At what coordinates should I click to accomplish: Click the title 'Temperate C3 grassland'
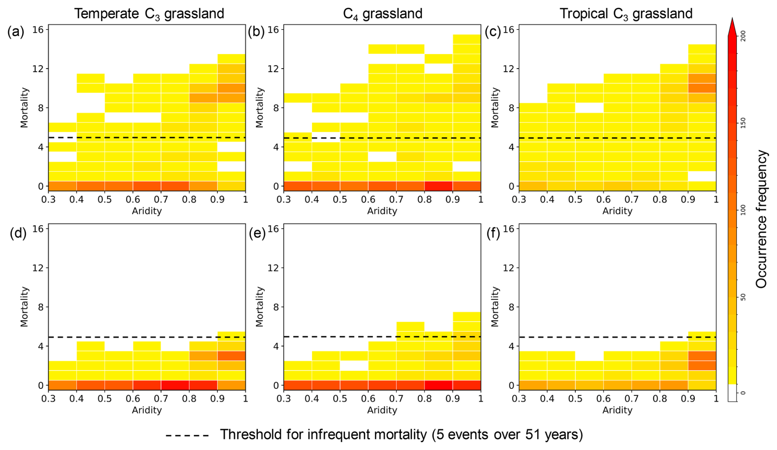point(149,14)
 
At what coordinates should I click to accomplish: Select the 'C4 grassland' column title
point(382,14)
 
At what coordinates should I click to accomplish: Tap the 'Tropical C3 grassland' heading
point(626,14)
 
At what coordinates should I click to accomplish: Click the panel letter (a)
point(16,32)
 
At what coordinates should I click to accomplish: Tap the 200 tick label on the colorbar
point(743,36)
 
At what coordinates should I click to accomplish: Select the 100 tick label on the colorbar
point(743,210)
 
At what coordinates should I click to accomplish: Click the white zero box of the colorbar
point(732,393)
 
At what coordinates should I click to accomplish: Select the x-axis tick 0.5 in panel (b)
point(340,200)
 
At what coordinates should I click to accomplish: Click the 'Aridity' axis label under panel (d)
point(147,410)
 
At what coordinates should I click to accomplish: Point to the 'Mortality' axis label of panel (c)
point(495,108)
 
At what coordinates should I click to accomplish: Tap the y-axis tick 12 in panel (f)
point(509,268)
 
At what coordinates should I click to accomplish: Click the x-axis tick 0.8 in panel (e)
point(424,399)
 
